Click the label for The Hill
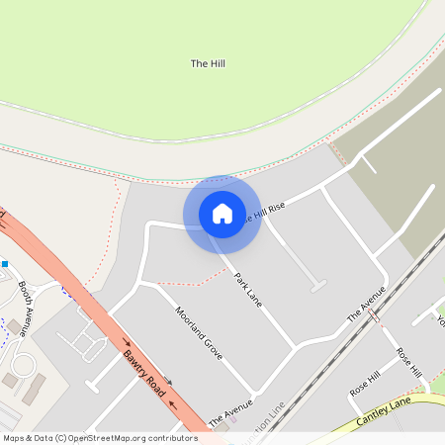coord(208,63)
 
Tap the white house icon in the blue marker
coord(222,214)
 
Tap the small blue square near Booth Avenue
coord(4,264)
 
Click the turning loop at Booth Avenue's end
coord(21,366)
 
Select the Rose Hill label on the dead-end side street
coord(364,384)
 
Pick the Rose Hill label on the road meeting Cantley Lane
coord(407,362)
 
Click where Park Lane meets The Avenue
coord(295,348)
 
